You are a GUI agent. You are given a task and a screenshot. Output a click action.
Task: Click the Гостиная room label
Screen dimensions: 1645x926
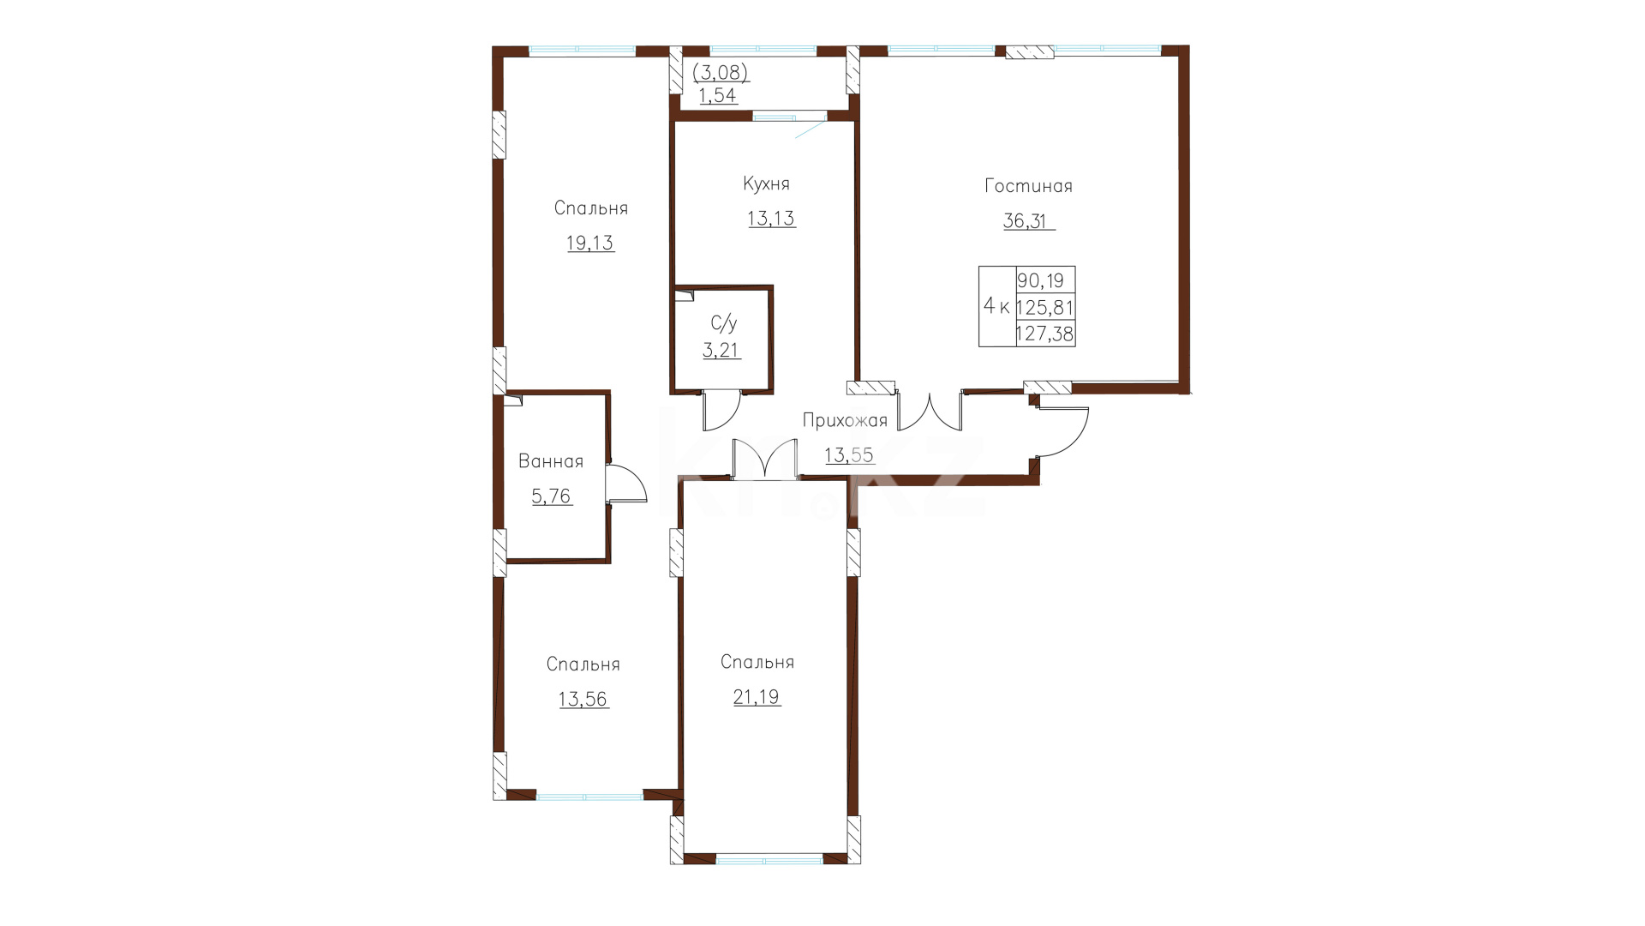click(1028, 186)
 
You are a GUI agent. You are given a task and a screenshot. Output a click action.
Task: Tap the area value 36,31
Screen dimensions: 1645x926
click(1025, 221)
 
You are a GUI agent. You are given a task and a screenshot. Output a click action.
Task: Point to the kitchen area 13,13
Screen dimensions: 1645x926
click(771, 219)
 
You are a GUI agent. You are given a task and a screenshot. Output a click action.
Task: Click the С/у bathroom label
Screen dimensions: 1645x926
click(724, 323)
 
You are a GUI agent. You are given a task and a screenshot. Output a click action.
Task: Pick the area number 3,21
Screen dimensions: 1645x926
click(721, 350)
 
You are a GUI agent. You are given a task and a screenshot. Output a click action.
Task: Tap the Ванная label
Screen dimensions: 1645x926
click(551, 462)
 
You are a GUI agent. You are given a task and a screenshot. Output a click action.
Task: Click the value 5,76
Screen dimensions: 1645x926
click(552, 496)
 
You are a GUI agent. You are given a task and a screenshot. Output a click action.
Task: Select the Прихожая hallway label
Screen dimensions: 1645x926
click(845, 420)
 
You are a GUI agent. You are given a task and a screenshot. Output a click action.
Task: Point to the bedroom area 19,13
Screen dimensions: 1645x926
click(590, 244)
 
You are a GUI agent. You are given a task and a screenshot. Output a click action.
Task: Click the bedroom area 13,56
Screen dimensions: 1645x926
click(583, 700)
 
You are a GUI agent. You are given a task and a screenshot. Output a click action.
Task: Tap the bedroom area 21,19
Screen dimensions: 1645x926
click(757, 697)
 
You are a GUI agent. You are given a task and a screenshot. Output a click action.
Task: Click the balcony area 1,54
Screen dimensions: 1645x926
click(718, 96)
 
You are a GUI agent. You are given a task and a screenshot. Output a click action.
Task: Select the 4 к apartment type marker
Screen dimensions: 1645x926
click(996, 306)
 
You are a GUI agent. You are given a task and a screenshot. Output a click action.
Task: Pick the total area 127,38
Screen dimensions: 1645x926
click(1045, 334)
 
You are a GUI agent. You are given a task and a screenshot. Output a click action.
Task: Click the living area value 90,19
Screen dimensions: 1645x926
click(1040, 280)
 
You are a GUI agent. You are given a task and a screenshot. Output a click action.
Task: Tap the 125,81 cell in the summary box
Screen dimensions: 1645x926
click(1045, 307)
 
